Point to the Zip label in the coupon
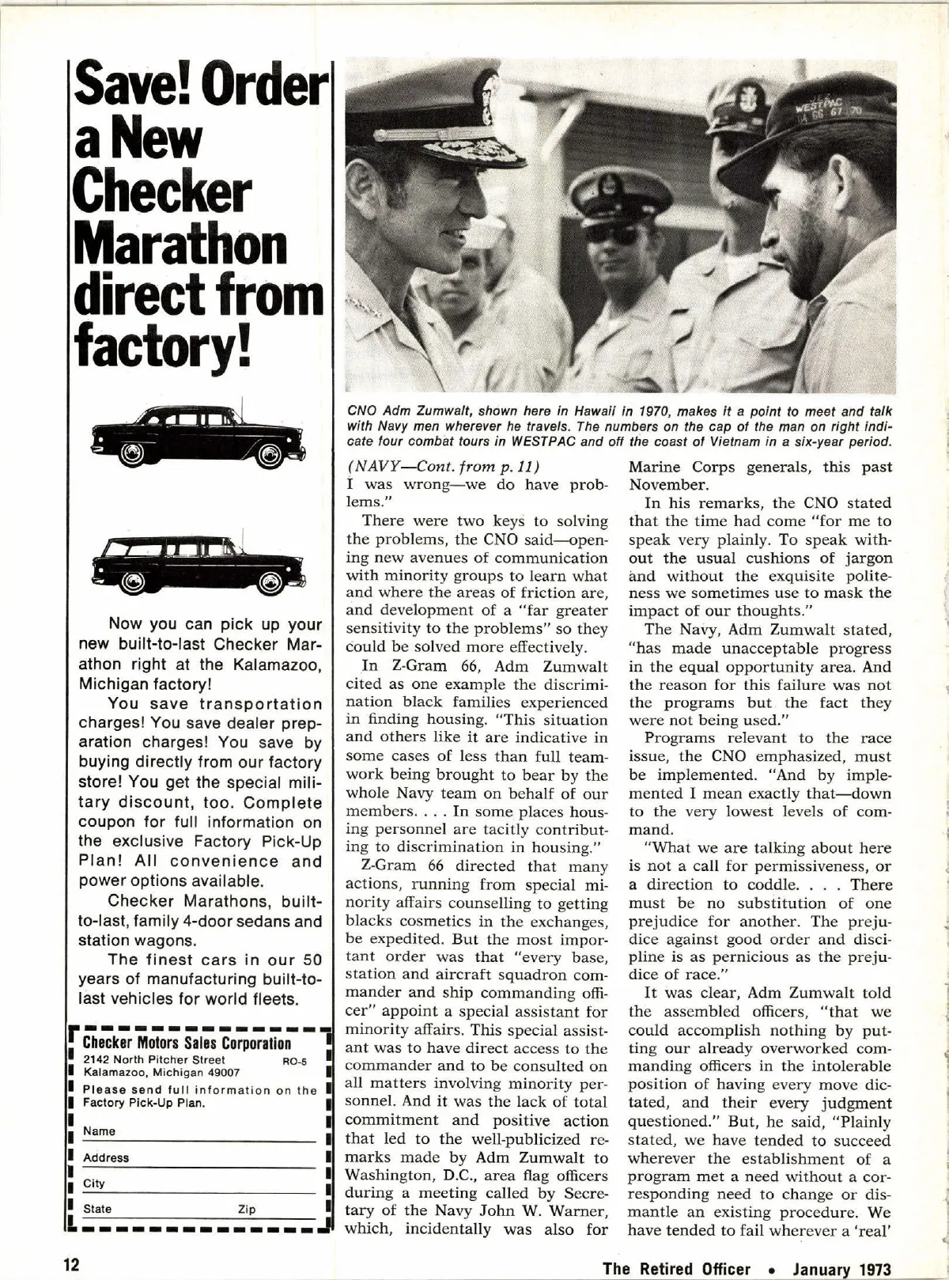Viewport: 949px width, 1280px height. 247,1209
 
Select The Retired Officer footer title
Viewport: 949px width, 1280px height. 676,1269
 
